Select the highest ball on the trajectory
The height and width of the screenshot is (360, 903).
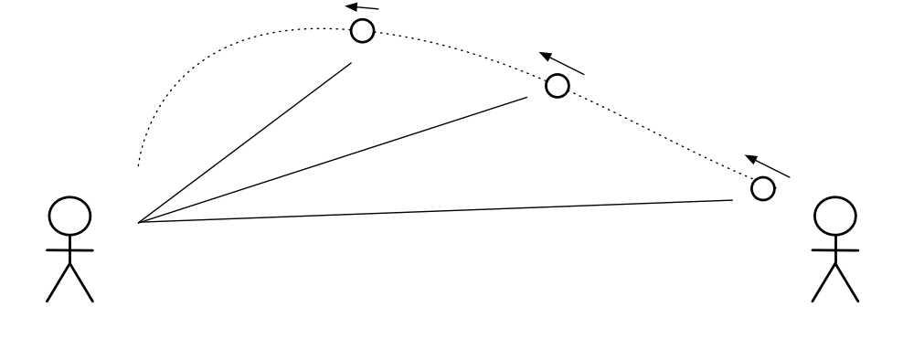point(363,31)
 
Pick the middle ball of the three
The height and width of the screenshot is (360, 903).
point(557,86)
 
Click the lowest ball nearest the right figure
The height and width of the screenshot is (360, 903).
point(762,188)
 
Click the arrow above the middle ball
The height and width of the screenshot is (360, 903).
point(561,62)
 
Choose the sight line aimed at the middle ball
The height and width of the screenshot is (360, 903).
point(334,159)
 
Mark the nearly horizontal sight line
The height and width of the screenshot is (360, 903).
point(439,211)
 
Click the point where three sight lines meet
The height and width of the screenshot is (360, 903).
point(138,222)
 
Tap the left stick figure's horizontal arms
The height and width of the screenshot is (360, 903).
point(69,249)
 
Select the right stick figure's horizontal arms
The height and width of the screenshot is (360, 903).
point(835,249)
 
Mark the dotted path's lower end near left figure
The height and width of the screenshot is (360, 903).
point(138,165)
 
